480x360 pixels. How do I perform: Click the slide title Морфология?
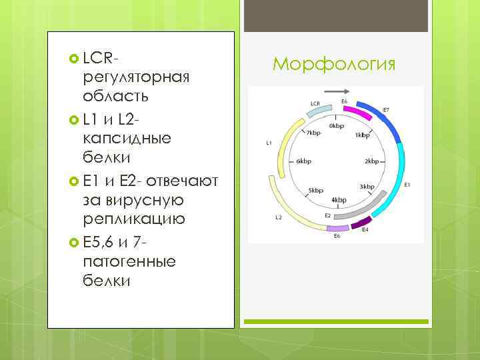click(334, 64)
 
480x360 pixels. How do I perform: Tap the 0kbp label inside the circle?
click(336, 125)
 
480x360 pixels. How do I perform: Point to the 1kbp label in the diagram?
click(362, 135)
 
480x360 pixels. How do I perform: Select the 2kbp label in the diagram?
click(372, 161)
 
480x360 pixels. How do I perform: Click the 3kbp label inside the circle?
click(366, 186)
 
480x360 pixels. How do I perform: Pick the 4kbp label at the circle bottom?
click(338, 200)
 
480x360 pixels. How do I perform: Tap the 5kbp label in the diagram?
click(315, 190)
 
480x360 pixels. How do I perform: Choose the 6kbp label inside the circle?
click(303, 161)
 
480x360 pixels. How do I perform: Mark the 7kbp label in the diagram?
click(313, 133)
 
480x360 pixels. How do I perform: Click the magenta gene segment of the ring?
click(353, 111)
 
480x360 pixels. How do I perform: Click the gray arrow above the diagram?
click(338, 91)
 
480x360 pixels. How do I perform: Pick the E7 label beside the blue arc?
click(385, 109)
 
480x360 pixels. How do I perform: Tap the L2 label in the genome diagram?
click(279, 218)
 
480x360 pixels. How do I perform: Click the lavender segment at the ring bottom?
click(337, 227)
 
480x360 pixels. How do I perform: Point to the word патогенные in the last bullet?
click(129, 261)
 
